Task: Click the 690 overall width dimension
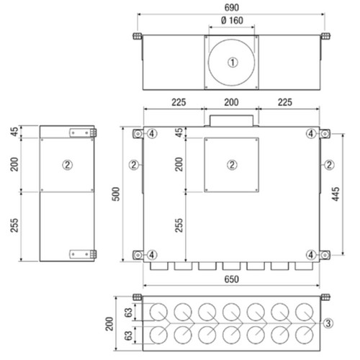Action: click(x=232, y=8)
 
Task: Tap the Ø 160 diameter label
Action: click(x=232, y=20)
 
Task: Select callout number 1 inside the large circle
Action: click(x=233, y=63)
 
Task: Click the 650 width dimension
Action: click(x=232, y=279)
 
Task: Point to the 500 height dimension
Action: click(x=116, y=194)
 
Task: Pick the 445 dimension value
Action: click(x=336, y=194)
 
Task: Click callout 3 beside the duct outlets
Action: click(x=328, y=323)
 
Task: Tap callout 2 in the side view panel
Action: click(x=67, y=165)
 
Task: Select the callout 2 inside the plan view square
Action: click(x=232, y=165)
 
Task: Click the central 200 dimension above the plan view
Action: click(x=231, y=102)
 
